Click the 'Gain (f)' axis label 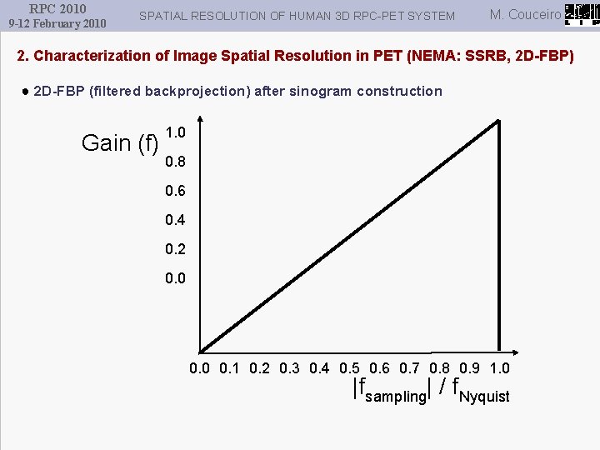(x=120, y=143)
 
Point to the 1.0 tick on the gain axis (x=176, y=132)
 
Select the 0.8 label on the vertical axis (x=176, y=162)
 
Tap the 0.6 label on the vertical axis (x=176, y=191)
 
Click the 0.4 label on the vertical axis (x=176, y=220)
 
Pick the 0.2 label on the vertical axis (x=176, y=249)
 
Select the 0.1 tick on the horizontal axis (x=230, y=368)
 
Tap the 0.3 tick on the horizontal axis (x=289, y=368)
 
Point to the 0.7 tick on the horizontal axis (x=410, y=368)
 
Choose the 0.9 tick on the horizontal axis (x=470, y=368)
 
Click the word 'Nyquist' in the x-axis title (x=485, y=396)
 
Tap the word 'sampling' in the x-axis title (x=395, y=396)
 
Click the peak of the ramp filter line (x=498, y=121)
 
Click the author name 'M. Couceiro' (x=526, y=14)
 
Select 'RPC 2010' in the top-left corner (x=57, y=8)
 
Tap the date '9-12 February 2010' (x=57, y=23)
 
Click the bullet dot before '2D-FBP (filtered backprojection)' (x=27, y=91)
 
